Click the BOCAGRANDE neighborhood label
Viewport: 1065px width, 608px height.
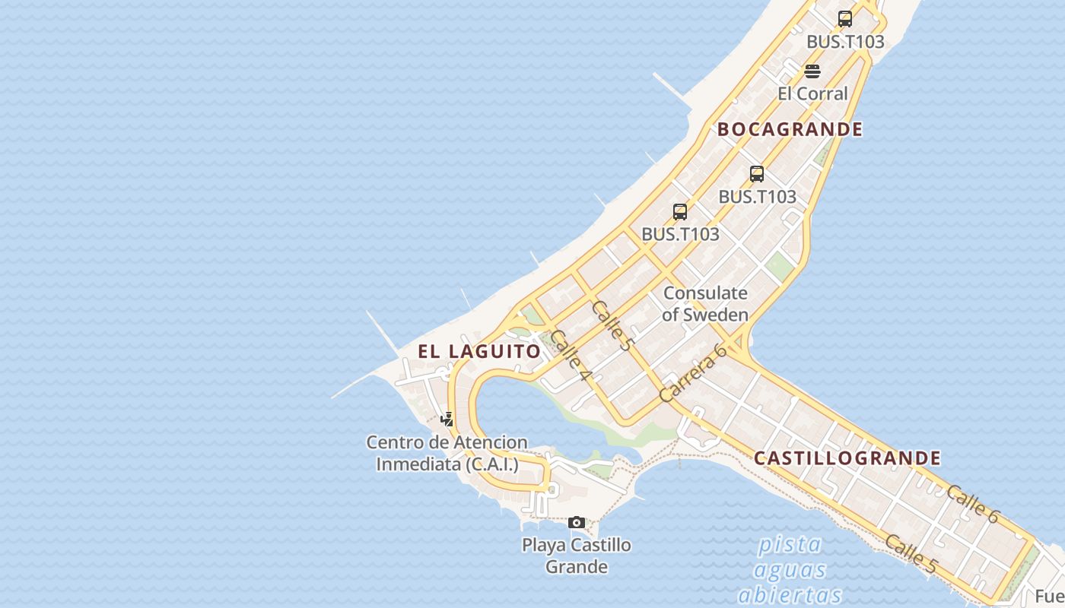pyautogui.click(x=790, y=129)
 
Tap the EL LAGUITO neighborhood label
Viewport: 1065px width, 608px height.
pyautogui.click(x=479, y=351)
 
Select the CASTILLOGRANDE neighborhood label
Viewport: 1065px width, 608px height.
pyautogui.click(x=847, y=458)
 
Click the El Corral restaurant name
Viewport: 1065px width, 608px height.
pyautogui.click(x=812, y=93)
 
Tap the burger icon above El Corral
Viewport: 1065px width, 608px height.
pyautogui.click(x=812, y=71)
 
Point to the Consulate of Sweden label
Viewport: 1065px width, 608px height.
pyautogui.click(x=705, y=303)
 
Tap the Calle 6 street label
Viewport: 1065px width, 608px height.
pyautogui.click(x=972, y=503)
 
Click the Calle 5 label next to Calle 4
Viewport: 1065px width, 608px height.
pyautogui.click(x=612, y=325)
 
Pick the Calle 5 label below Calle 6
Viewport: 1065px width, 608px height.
pyautogui.click(x=911, y=553)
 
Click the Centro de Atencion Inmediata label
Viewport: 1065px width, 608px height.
pyautogui.click(x=447, y=453)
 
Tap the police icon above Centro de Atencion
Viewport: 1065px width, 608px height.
pyautogui.click(x=447, y=419)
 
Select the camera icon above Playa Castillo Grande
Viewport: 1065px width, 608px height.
pyautogui.click(x=577, y=522)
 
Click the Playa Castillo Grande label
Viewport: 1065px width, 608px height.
pyautogui.click(x=577, y=556)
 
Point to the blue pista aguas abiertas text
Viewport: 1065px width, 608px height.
pyautogui.click(x=790, y=569)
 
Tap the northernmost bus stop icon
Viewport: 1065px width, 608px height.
pyautogui.click(x=844, y=19)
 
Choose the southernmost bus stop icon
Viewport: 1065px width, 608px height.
pyautogui.click(x=680, y=212)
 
